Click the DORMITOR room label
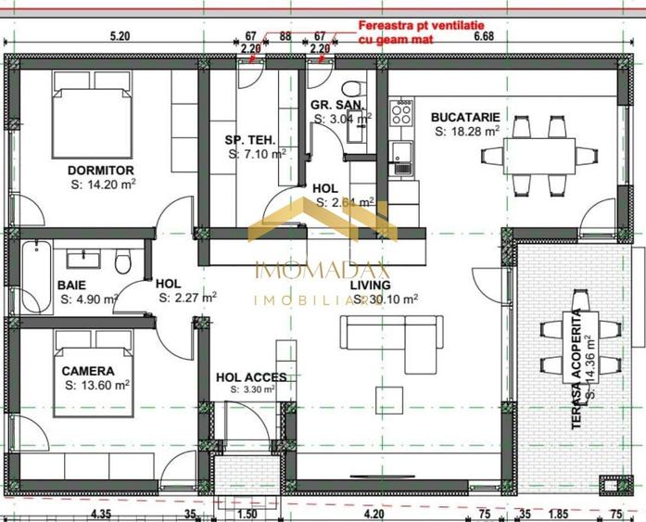101,171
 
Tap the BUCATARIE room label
465,117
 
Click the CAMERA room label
88,371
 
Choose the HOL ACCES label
251,377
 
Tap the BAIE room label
72,285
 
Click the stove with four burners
401,114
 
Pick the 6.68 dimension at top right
484,36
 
